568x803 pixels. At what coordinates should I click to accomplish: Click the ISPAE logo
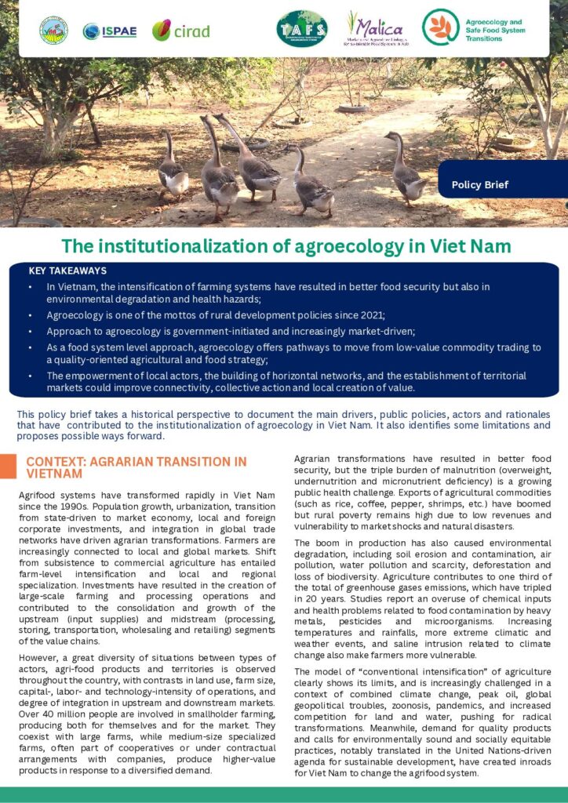point(110,31)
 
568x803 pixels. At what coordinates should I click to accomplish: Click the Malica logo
point(376,28)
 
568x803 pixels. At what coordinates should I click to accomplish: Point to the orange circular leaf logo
point(437,27)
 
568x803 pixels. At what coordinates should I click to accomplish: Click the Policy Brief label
point(479,185)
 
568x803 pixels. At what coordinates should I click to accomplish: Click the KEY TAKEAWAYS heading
point(67,271)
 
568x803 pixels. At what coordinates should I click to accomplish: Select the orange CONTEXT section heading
point(136,467)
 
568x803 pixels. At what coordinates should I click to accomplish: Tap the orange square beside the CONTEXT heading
point(8,467)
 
